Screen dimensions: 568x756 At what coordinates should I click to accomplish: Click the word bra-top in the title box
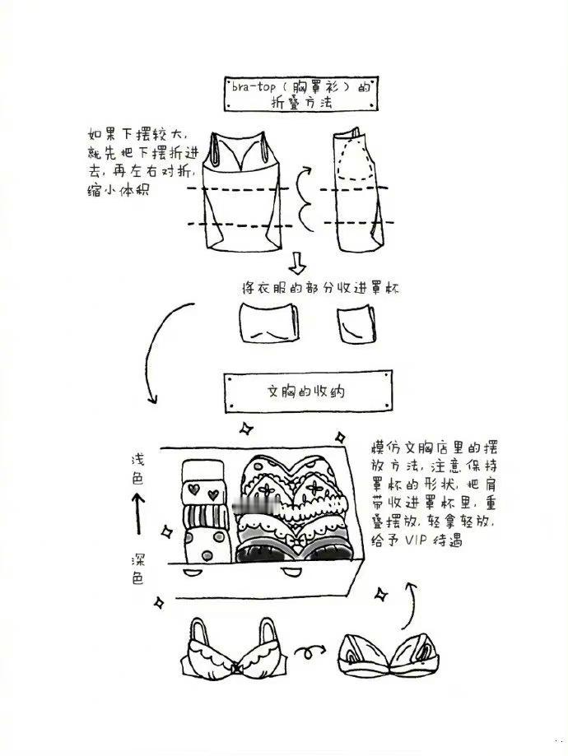tap(253, 86)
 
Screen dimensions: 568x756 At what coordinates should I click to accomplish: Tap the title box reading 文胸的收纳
tap(308, 392)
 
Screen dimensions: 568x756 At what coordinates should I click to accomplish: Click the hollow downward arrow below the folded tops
tap(298, 262)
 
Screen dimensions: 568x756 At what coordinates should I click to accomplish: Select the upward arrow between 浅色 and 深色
tap(138, 513)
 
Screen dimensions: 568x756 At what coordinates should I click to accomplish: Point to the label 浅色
tap(137, 469)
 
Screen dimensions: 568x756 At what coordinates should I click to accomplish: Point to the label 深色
tap(137, 569)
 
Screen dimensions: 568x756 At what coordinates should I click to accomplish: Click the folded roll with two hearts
tap(203, 492)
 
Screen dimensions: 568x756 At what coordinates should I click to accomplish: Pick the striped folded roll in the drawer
tap(206, 517)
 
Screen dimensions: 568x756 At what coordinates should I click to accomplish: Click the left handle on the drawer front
tap(193, 572)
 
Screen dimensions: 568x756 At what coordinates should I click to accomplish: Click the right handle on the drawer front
tap(291, 573)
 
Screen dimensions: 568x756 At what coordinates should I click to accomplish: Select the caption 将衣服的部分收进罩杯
tap(320, 288)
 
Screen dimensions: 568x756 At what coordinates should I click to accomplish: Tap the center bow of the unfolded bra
tap(235, 669)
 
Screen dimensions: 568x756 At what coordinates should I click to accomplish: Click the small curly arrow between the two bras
tap(310, 652)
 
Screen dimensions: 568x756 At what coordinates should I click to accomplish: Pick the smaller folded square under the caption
tap(356, 323)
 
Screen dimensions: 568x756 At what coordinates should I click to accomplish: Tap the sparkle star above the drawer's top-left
tap(247, 428)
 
